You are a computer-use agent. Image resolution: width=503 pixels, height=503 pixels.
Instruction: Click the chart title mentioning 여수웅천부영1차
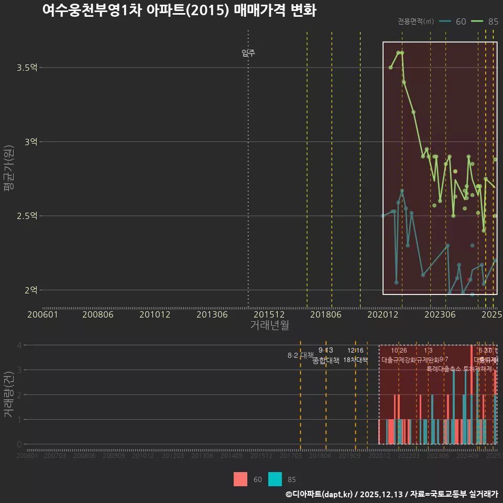tap(179, 11)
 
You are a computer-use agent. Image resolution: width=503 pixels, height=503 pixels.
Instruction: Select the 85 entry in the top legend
tap(485, 21)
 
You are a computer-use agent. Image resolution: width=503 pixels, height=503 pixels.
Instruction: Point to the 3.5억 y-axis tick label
tap(27, 68)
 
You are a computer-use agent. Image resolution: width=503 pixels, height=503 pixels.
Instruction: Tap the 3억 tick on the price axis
tap(31, 141)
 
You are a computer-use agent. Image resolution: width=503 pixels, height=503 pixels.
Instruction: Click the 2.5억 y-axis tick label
tap(27, 216)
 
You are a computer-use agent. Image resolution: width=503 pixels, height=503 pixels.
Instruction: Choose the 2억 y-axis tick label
tap(31, 290)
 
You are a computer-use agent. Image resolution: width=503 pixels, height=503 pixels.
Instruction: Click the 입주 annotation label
tap(248, 53)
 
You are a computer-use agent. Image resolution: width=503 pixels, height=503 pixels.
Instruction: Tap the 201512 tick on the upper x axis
tap(269, 315)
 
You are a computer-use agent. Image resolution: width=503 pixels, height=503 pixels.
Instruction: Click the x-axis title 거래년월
tap(269, 325)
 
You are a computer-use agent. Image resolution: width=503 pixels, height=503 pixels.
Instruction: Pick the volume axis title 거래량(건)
tap(9, 395)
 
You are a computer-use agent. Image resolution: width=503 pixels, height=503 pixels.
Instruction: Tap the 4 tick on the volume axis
tap(19, 345)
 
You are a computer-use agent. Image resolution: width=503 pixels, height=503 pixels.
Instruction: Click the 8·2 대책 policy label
tap(300, 355)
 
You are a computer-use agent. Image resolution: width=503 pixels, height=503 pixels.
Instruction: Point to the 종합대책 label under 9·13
tap(326, 360)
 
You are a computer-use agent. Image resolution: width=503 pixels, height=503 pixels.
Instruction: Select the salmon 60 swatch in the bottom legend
tap(240, 479)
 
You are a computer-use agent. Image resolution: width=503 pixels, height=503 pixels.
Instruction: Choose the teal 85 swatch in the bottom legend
tap(275, 479)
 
